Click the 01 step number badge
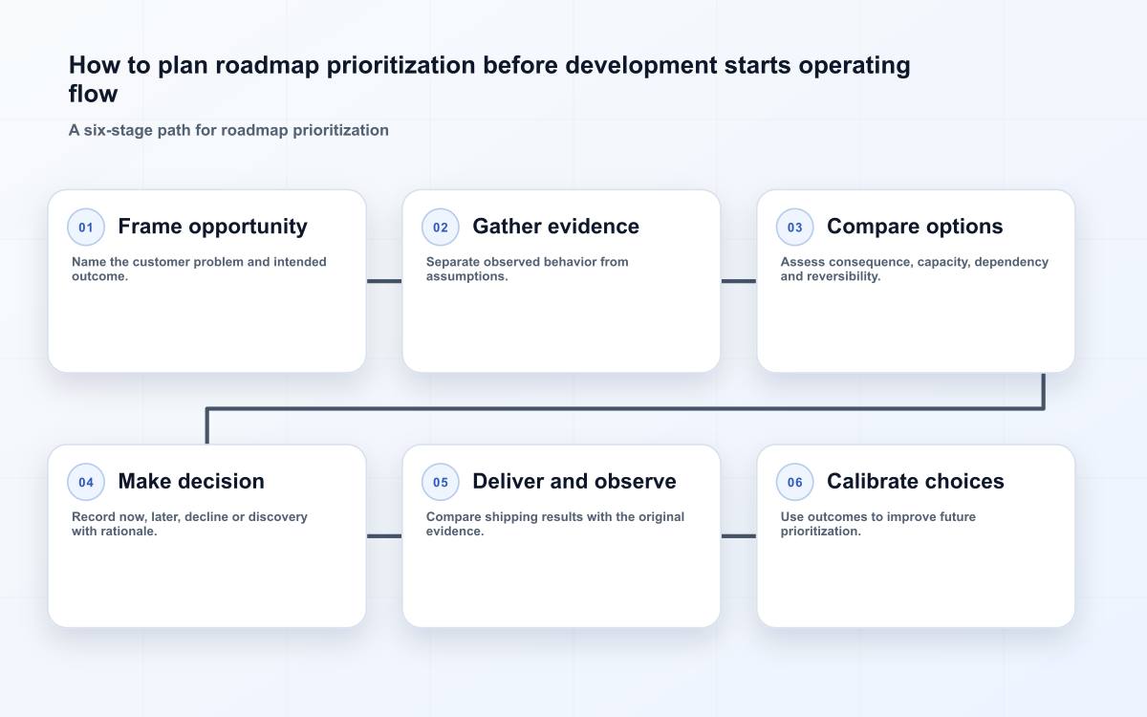86,227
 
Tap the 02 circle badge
441,227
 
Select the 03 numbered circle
794,227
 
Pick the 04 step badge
86,482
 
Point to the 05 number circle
441,482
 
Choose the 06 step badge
794,482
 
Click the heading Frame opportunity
212,227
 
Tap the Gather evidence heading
555,227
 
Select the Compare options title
915,227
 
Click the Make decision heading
191,482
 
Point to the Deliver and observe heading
574,482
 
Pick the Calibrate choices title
915,482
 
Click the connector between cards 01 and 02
384,281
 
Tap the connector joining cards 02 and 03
738,281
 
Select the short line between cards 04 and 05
384,535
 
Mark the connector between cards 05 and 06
738,535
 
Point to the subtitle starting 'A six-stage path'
228,130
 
